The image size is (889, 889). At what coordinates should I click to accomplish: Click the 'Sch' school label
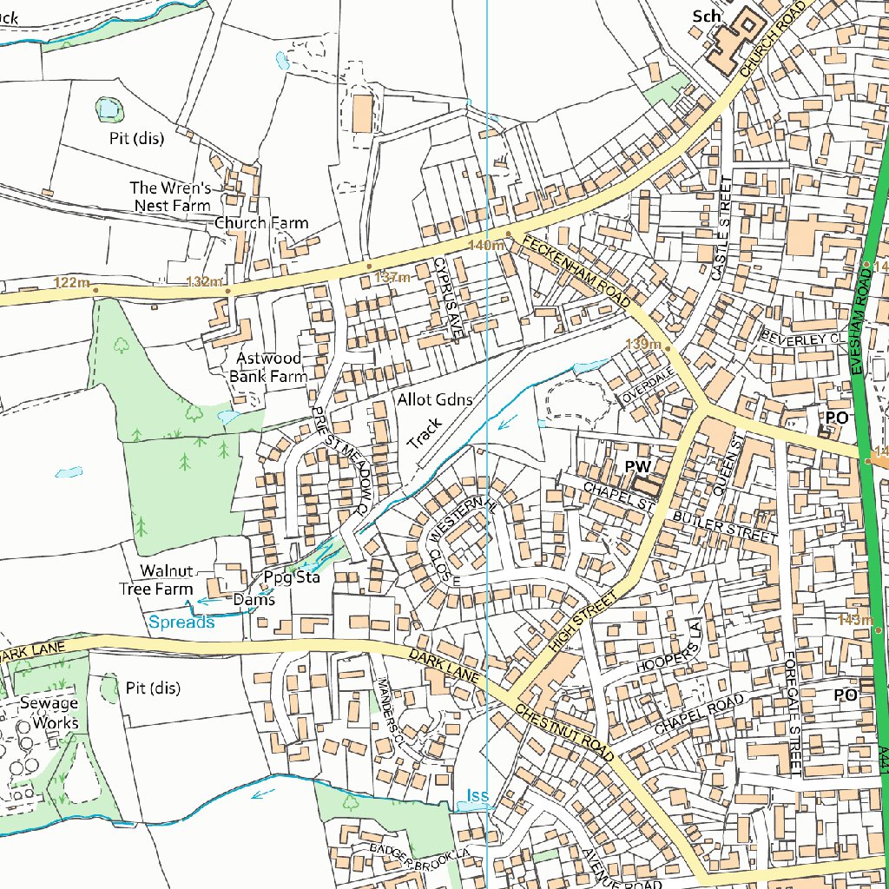point(707,16)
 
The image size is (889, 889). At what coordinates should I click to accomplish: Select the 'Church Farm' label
point(261,223)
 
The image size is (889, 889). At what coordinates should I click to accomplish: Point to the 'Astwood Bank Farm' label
point(267,367)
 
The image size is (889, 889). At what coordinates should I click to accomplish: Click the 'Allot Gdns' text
point(435,399)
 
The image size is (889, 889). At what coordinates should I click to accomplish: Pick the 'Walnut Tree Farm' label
point(156,580)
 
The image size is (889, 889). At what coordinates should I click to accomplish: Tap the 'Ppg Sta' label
point(292,577)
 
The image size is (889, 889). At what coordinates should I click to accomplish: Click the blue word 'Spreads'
point(181,622)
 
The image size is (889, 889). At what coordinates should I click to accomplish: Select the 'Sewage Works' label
point(49,713)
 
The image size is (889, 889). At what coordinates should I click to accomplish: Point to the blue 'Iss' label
point(477,795)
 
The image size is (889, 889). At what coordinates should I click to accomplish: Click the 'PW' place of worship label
point(638,467)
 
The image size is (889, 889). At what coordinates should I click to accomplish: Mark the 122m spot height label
point(70,282)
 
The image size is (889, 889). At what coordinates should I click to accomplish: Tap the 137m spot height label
point(391,278)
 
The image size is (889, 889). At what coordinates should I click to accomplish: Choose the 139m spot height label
point(642,345)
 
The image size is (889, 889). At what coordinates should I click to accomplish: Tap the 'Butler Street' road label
point(725,528)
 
